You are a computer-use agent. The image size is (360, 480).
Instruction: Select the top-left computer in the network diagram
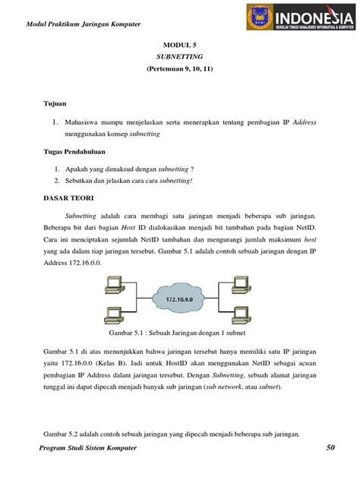(113, 285)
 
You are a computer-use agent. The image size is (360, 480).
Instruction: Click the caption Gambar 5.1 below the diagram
(180, 333)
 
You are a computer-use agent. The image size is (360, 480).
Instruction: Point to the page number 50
(330, 469)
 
